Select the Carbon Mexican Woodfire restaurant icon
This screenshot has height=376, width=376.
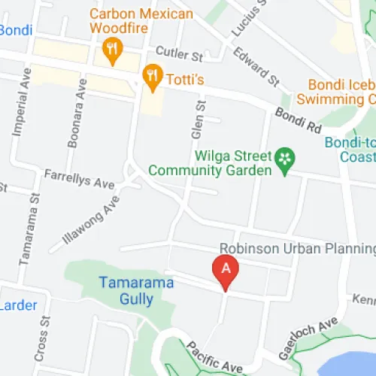pos(112,50)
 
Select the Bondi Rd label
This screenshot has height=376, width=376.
pos(298,120)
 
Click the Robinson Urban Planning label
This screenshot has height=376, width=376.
pos(296,249)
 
